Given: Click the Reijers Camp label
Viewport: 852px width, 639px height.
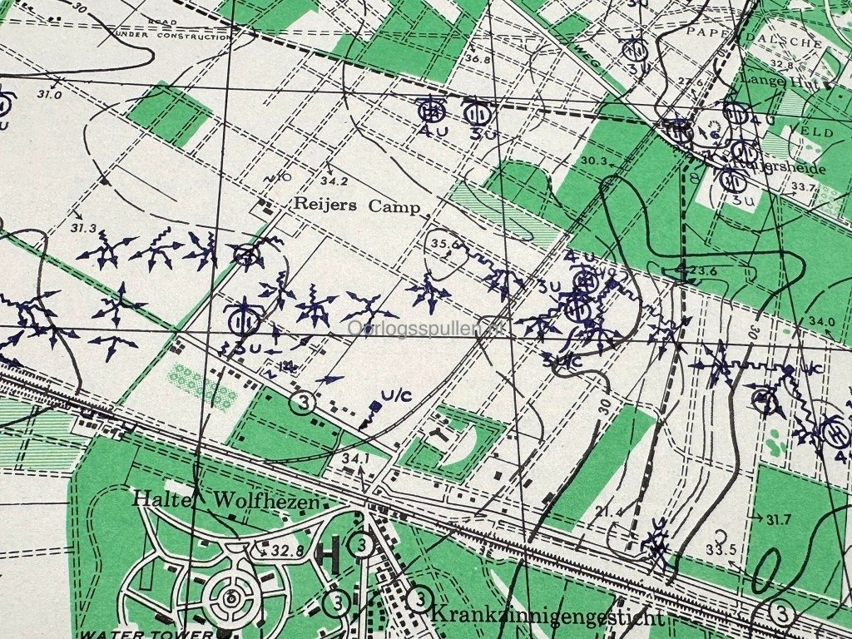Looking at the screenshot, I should click(356, 206).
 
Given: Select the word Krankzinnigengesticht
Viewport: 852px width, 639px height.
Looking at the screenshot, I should click(547, 617).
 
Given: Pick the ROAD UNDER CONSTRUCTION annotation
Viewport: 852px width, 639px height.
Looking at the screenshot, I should click(175, 32).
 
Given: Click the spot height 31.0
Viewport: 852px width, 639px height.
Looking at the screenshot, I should click(49, 95).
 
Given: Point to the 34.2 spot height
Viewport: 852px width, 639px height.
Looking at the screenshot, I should click(334, 181).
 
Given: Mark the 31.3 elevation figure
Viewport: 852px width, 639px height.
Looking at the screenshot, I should click(84, 228).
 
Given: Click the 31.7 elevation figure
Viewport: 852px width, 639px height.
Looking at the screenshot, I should click(778, 520).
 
